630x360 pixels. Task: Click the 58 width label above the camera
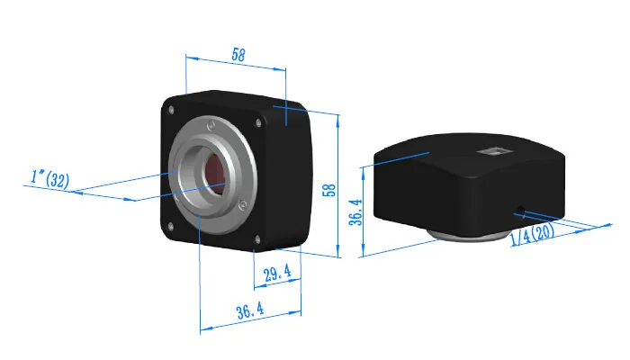click(238, 55)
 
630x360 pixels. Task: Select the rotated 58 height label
click(330, 190)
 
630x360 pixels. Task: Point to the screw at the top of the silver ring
click(209, 124)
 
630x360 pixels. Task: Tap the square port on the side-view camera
click(494, 151)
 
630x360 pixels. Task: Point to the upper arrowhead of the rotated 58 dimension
click(337, 117)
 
